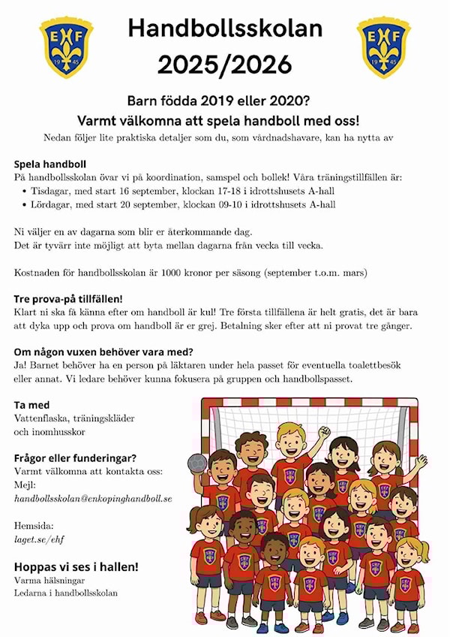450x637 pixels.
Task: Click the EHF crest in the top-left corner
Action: pos(66,47)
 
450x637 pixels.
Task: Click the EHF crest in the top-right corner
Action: pos(383,47)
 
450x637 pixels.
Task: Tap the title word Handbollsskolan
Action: pos(225,29)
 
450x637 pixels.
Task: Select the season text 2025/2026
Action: pos(225,65)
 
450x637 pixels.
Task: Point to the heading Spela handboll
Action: pos(50,164)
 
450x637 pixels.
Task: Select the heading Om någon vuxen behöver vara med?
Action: pos(103,352)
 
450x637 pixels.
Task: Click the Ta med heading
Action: pos(31,405)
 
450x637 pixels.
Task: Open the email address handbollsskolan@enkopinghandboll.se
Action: pos(93,498)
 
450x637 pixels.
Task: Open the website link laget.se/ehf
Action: pos(37,539)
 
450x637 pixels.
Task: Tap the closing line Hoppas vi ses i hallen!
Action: pos(76,566)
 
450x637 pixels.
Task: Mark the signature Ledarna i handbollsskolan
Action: pos(66,593)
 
